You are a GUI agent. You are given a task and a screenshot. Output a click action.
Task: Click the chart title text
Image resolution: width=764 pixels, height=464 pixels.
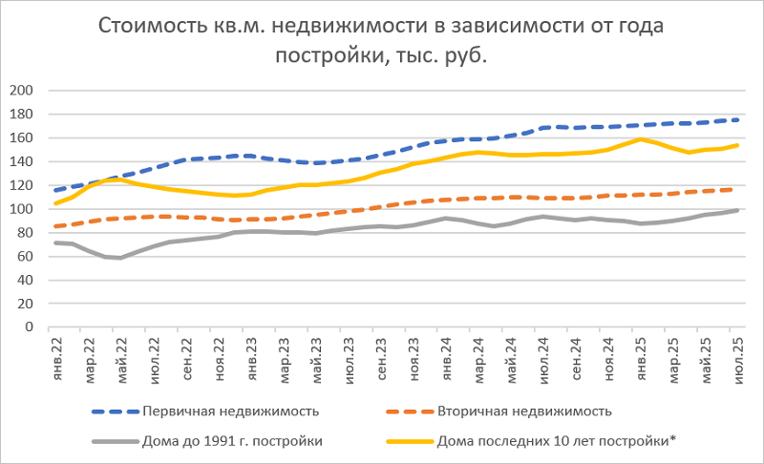382,40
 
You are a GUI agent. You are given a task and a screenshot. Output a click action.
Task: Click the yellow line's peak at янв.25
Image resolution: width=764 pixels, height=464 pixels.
639,139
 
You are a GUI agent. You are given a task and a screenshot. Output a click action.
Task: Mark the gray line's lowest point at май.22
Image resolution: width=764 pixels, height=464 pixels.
122,258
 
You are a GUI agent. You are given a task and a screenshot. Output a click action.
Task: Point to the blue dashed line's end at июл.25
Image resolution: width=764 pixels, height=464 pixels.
736,119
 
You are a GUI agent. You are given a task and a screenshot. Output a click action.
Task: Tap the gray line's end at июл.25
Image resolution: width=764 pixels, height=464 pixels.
736,210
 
